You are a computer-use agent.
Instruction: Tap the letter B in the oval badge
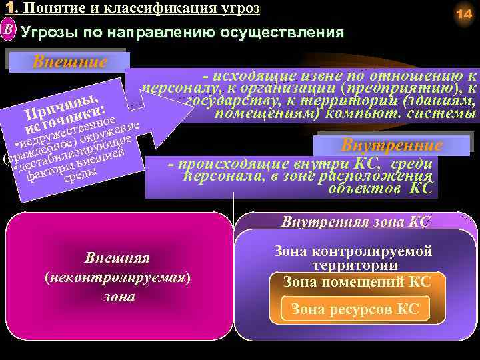coord(7,30)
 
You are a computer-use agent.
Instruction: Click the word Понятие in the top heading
coord(47,8)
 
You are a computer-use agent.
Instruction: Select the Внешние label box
coord(69,63)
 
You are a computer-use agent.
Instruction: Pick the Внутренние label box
coord(391,145)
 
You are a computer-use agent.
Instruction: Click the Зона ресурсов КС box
coord(355,309)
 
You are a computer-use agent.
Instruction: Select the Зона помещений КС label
coord(357,282)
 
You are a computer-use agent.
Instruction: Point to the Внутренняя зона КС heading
coord(356,221)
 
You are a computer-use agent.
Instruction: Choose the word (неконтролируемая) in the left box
coord(117,277)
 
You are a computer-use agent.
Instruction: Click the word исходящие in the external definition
coord(250,76)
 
